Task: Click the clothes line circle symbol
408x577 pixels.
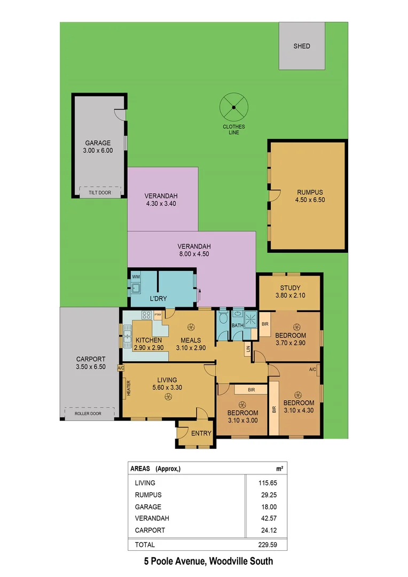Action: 233,107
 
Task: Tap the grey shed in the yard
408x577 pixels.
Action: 302,46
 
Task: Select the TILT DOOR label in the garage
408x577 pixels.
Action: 100,192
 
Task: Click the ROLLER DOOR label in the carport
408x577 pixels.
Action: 89,413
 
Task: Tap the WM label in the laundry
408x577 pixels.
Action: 135,277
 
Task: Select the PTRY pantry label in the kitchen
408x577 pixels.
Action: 158,315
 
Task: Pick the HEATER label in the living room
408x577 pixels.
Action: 128,388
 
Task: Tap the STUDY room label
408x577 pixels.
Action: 288,288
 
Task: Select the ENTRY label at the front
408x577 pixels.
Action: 201,433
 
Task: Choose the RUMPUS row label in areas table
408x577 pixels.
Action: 148,495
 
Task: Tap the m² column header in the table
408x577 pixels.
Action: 279,468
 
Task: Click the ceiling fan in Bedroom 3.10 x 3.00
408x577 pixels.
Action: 242,404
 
